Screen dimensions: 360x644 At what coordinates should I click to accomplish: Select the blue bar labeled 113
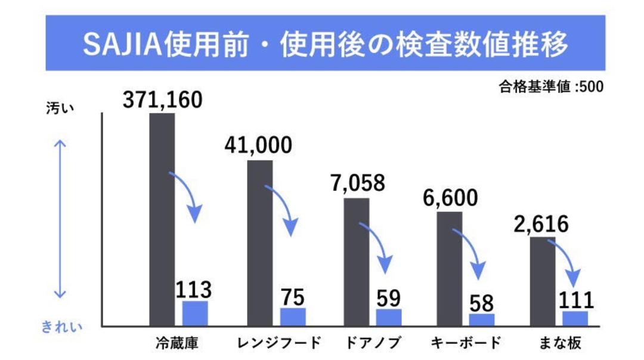[x=195, y=314]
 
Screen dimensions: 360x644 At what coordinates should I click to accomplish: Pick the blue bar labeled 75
[x=293, y=317]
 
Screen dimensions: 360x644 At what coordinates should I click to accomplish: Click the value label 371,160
[x=163, y=100]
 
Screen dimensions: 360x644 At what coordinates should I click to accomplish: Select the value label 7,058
[x=357, y=184]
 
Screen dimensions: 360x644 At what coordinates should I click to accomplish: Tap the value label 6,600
[x=450, y=197]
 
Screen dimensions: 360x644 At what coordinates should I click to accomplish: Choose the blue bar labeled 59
[x=389, y=318]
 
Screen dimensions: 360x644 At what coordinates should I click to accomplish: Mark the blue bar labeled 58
[x=482, y=319]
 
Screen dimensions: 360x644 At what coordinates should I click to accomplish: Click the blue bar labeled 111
[x=575, y=318]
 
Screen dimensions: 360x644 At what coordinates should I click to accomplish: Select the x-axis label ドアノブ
[x=373, y=343]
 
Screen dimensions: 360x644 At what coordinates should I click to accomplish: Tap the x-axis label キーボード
[x=466, y=343]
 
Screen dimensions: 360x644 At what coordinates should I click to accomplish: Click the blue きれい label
[x=62, y=327]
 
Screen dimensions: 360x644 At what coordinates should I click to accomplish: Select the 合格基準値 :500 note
[x=552, y=87]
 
